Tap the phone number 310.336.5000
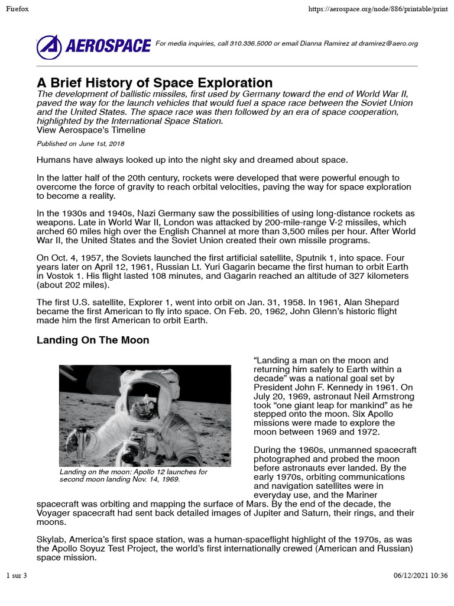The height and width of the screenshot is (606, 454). [248, 44]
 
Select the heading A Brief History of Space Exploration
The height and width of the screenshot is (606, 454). [154, 83]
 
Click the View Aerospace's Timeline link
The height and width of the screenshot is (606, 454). [91, 130]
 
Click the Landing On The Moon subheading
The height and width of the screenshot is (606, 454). [93, 340]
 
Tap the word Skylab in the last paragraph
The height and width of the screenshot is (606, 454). [51, 540]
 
